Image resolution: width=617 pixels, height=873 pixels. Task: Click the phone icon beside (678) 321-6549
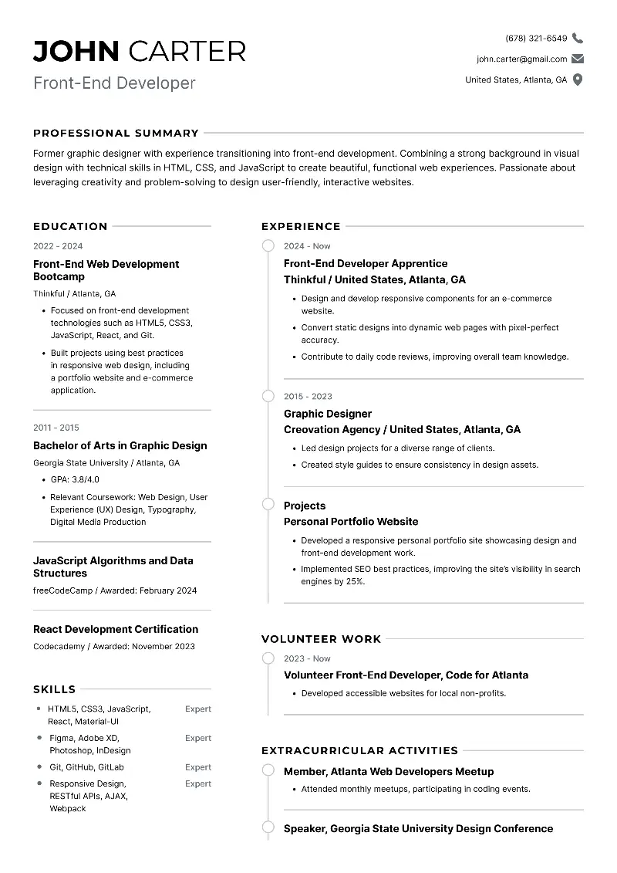tap(578, 38)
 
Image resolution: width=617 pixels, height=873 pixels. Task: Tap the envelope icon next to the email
tap(578, 59)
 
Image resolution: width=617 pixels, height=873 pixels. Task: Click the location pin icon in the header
tap(578, 80)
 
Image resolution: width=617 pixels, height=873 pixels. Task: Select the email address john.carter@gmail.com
tap(521, 59)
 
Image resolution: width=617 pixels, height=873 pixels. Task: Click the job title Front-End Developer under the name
tap(114, 83)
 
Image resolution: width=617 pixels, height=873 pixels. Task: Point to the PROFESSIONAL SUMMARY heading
tap(116, 133)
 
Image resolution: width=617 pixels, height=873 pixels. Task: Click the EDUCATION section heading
tap(70, 226)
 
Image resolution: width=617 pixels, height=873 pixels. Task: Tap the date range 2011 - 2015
tap(56, 428)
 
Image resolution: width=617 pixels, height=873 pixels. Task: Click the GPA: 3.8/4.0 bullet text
tap(75, 479)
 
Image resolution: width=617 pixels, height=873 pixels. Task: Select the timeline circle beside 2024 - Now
tap(268, 246)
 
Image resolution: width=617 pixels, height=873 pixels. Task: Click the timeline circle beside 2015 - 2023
tap(268, 396)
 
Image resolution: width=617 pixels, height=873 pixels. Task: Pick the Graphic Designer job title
tap(328, 414)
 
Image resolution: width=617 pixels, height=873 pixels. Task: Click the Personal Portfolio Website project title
tap(351, 522)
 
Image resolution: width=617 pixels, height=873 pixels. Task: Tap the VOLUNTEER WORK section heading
tap(321, 639)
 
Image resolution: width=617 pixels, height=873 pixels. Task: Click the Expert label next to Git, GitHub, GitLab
tap(198, 767)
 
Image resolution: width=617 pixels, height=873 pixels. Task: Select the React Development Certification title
tap(116, 629)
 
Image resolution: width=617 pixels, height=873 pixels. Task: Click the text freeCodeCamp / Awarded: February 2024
tap(115, 590)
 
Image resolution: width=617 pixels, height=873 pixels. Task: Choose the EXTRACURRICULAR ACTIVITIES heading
tap(359, 750)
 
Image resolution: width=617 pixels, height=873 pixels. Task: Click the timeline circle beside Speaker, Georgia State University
tap(268, 828)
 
